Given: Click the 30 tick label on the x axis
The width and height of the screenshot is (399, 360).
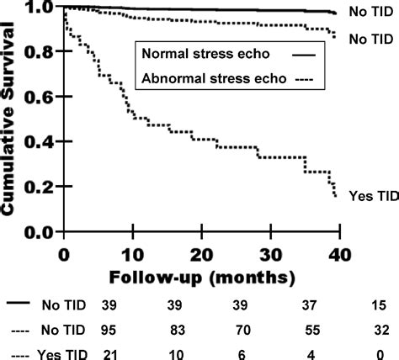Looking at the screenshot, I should [x=269, y=253].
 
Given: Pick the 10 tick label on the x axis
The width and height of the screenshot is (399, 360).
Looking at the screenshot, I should [x=131, y=253].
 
